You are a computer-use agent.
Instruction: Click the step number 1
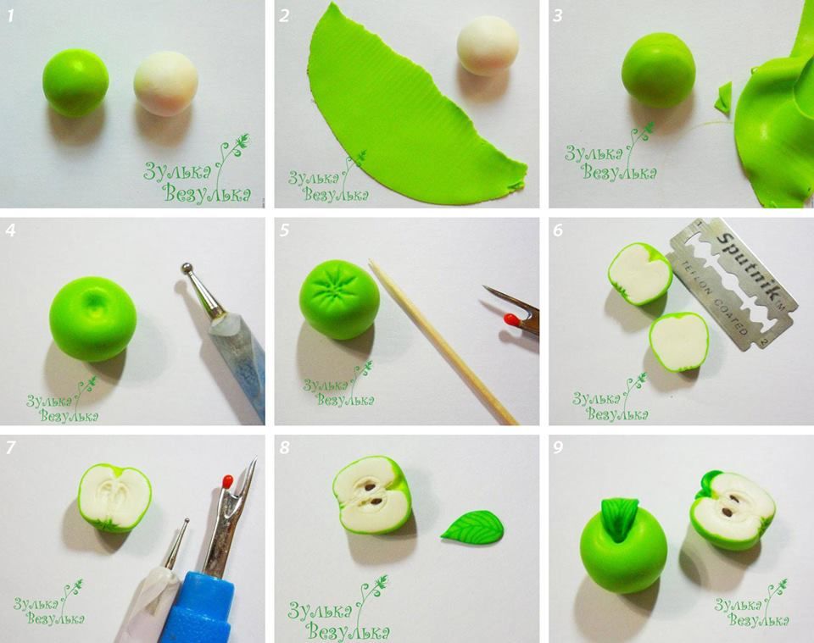tap(9, 16)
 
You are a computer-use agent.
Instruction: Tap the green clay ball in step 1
tap(75, 82)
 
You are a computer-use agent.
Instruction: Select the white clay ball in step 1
tap(165, 83)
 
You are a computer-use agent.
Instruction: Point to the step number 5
tap(285, 230)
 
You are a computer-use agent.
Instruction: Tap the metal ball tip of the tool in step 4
tap(187, 270)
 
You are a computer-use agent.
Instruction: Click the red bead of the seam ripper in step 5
tap(510, 320)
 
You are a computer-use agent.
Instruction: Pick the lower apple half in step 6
tap(678, 341)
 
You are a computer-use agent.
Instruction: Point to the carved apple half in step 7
tap(114, 498)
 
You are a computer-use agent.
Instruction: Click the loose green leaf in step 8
tap(471, 526)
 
